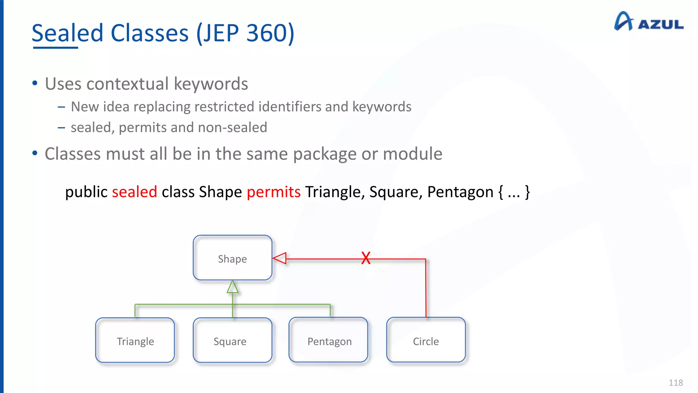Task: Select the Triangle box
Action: (x=135, y=340)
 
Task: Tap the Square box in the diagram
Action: (x=232, y=340)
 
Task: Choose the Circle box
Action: (x=426, y=340)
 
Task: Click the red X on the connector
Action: (x=366, y=258)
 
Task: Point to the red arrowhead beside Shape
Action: (x=280, y=258)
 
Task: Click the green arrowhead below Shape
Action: (x=232, y=287)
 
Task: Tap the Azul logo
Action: (x=648, y=21)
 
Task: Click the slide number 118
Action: (x=676, y=383)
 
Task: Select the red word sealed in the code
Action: (x=135, y=192)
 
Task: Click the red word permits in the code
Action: (x=274, y=192)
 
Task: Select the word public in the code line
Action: (x=86, y=192)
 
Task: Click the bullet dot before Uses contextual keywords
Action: (x=35, y=83)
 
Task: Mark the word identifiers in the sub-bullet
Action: (x=289, y=107)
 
